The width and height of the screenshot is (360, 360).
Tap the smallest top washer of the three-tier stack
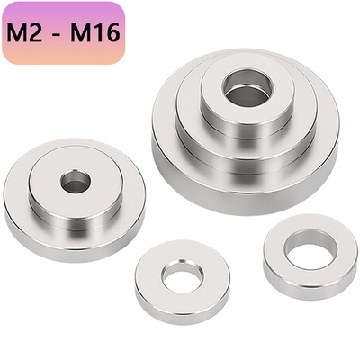pyautogui.click(x=216, y=85)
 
